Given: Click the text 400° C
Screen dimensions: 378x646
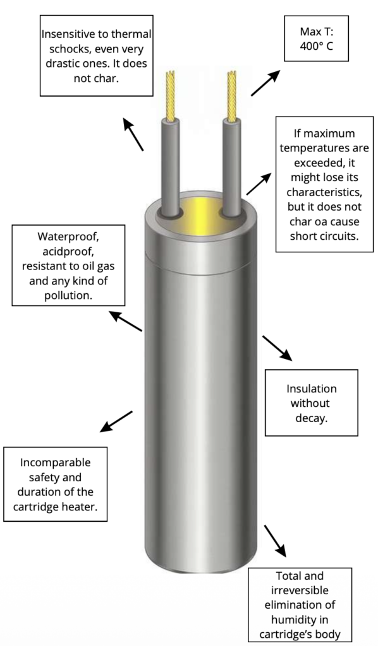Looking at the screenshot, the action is (x=316, y=45).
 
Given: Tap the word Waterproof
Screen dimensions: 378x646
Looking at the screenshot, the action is (x=68, y=237).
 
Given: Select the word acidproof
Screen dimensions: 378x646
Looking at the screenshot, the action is (x=68, y=251).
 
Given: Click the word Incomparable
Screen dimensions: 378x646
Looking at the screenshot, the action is (x=55, y=462).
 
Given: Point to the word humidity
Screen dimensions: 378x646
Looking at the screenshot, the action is (x=300, y=620).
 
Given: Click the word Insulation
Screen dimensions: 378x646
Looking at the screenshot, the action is (x=312, y=389).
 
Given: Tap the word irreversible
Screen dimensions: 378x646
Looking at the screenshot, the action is (x=300, y=590).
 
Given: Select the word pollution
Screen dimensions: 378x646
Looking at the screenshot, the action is (x=68, y=296).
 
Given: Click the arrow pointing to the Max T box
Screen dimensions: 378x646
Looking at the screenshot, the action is (x=265, y=83).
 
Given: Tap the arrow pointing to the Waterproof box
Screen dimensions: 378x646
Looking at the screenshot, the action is (x=125, y=321).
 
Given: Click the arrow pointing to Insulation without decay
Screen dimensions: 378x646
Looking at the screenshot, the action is (x=277, y=348).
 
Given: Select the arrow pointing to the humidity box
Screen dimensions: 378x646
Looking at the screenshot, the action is (x=275, y=541).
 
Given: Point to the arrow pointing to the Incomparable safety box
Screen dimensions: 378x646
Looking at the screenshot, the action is (x=116, y=421).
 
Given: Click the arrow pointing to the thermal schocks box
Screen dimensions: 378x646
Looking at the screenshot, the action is (x=133, y=134).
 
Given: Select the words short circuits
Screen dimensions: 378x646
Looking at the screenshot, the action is (x=324, y=237).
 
